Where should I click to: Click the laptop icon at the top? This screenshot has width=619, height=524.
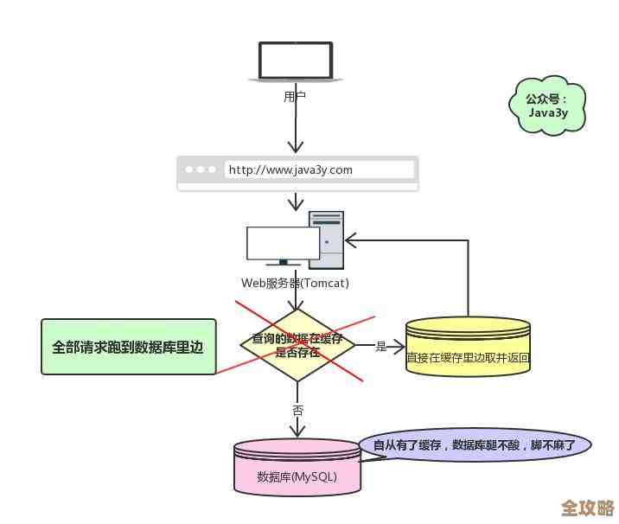(296, 61)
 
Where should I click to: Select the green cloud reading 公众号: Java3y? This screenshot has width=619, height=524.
(549, 105)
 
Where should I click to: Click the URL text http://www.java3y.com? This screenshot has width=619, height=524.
(290, 170)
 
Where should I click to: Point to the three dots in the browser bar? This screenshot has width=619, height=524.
(200, 170)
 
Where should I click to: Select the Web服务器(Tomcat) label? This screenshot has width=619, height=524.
(295, 283)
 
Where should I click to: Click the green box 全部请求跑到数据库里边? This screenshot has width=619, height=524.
(128, 347)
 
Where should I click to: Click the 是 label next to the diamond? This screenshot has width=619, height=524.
(381, 347)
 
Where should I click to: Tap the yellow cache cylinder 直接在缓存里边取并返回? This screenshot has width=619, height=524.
(468, 348)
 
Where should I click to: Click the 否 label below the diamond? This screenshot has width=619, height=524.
(297, 410)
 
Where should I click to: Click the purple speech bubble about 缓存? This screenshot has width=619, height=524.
(475, 445)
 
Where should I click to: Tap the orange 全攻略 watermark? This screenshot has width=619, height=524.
(587, 507)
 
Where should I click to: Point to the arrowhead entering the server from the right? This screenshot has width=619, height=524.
(351, 240)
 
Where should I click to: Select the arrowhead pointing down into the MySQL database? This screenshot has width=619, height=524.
(297, 430)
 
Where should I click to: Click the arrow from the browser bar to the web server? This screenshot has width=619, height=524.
(297, 201)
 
